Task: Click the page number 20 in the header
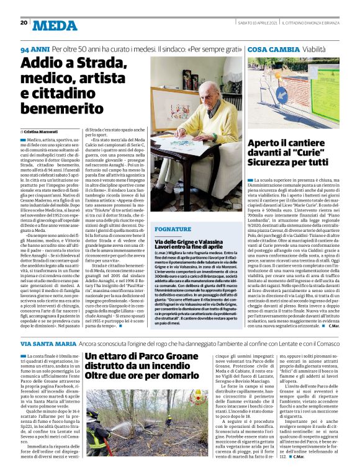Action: click(24, 22)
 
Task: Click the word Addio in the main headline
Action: click(42, 64)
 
